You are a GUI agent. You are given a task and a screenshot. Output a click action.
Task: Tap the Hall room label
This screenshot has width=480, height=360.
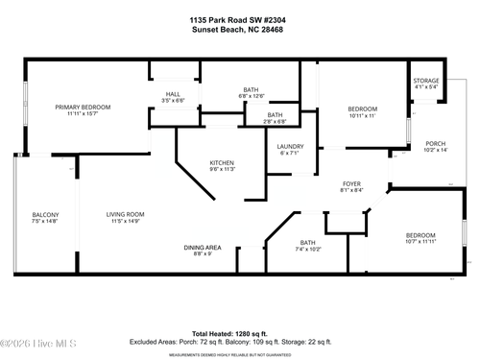coord(173,93)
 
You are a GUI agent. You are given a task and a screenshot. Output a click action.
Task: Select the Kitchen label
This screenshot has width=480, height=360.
coord(222,162)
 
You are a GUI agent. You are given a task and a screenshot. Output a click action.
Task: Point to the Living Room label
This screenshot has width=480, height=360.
coord(125,214)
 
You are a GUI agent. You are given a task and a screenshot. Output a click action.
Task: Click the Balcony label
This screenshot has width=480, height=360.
coord(45,214)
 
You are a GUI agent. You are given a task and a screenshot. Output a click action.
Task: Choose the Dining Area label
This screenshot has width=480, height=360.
coord(204,247)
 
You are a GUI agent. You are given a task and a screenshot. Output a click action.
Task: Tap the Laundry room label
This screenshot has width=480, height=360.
coord(290,146)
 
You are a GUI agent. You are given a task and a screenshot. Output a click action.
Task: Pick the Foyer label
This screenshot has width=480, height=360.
coord(351,182)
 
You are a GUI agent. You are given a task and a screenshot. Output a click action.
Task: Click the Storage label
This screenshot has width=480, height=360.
coord(425,81)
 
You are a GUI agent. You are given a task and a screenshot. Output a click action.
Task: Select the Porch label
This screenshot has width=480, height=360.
coord(435,142)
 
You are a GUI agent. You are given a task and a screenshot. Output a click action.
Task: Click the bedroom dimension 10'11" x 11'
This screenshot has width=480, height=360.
coord(362,115)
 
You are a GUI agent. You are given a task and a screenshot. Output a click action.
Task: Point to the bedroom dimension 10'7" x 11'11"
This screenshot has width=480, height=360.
coord(420,242)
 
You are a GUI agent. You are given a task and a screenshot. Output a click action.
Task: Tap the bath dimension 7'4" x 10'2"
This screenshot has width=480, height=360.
coord(307,249)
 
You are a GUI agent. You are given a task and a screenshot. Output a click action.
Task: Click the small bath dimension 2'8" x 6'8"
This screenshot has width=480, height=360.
coord(275,122)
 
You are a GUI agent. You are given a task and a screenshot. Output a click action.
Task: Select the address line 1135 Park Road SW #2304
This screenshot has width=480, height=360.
coord(239,19)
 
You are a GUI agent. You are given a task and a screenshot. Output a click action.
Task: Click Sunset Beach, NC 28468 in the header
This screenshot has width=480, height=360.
coord(239,29)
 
